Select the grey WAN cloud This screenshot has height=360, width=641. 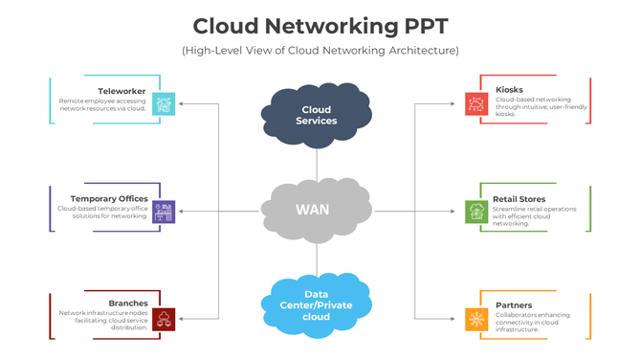click(316, 209)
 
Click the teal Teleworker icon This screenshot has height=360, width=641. click(164, 103)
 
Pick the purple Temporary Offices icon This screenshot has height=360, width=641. click(164, 211)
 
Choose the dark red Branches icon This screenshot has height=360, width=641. click(164, 318)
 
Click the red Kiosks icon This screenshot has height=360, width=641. click(476, 103)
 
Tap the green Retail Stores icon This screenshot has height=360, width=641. click(476, 211)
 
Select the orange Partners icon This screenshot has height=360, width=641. click(476, 318)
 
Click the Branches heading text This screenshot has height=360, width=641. click(127, 303)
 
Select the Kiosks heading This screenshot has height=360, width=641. click(509, 90)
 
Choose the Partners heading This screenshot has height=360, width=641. click(514, 305)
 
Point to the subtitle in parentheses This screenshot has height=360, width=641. click(320, 50)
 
